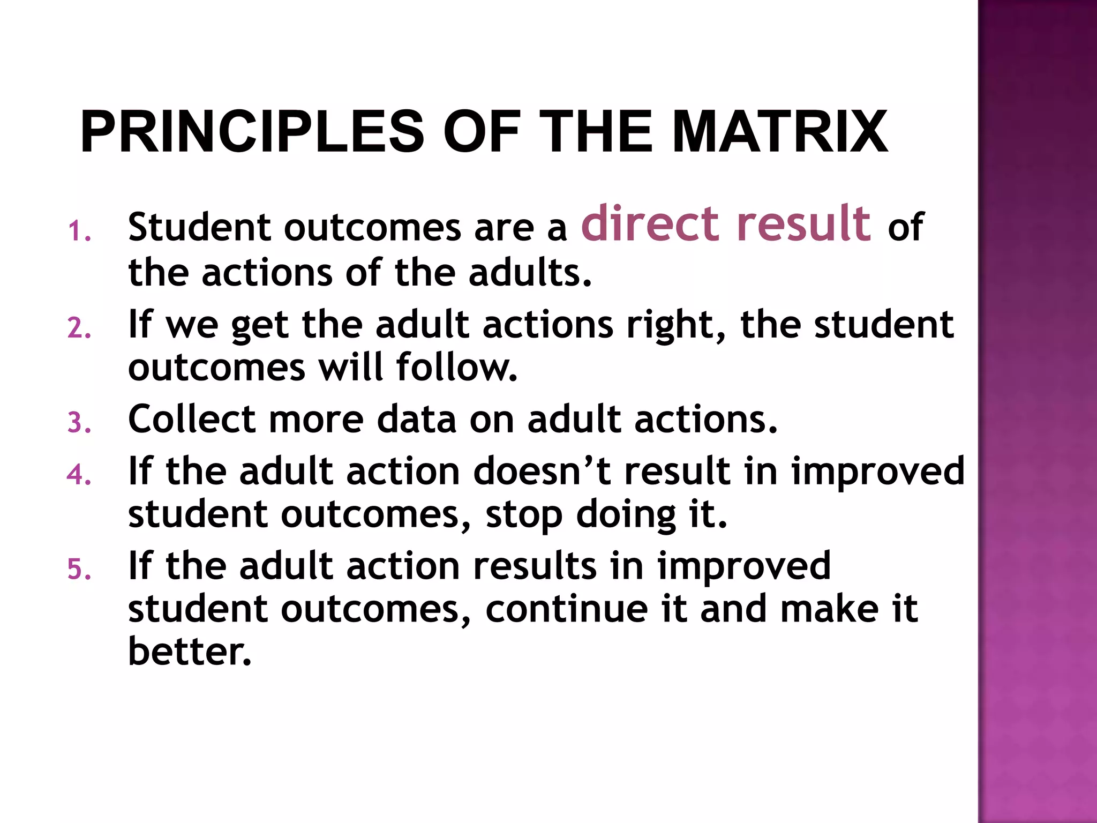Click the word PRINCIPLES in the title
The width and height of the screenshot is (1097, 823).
252,132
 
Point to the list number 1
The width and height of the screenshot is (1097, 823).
79,232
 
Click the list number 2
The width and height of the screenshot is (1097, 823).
79,328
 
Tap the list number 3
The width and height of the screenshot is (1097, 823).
79,422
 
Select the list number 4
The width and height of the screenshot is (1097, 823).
79,475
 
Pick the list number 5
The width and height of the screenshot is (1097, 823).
79,569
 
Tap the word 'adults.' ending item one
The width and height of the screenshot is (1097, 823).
530,272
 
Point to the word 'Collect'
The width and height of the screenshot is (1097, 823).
191,419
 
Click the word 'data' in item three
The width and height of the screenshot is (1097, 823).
417,419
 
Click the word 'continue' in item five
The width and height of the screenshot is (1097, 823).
567,610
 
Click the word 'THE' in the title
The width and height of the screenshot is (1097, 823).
596,132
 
